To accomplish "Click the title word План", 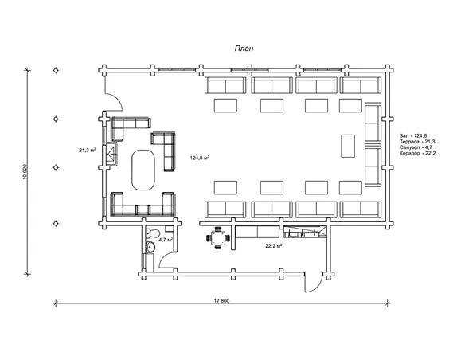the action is tap(244, 49).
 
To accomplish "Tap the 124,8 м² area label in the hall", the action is tap(200, 158).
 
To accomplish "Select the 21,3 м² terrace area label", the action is tap(88, 151).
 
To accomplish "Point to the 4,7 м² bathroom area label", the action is tap(166, 240).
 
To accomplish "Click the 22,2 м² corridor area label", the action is tap(273, 246).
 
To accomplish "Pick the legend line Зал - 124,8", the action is tap(413, 136).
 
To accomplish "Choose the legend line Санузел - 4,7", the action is tap(416, 147).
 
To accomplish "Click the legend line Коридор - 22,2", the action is tap(417, 153).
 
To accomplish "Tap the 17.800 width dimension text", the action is tap(222, 301).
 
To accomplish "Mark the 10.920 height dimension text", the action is tap(25, 172).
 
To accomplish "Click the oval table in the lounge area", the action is tap(143, 170).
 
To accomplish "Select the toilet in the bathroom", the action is tap(152, 233).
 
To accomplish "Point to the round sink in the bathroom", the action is tap(150, 247).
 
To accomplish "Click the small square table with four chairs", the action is tap(218, 238).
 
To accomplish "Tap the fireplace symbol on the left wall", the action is tap(111, 155).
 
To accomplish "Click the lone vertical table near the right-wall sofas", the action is tap(348, 146).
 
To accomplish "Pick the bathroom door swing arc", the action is tap(164, 257).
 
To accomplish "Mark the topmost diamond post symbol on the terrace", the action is tap(56, 71).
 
